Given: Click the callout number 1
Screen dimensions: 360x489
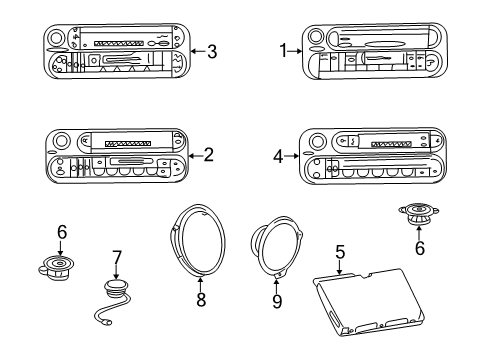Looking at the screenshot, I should pos(283,49).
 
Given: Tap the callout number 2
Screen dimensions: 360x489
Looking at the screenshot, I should pos(209,154).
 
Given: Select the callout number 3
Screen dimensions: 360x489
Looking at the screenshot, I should pos(211,51).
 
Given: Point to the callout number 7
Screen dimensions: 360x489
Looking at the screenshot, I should pos(116,257).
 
